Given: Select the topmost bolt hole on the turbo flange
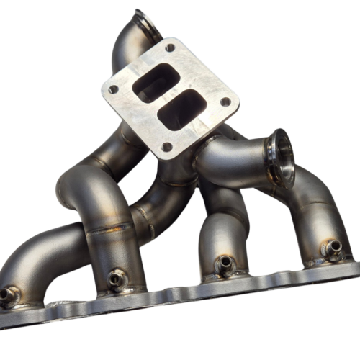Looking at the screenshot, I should click(170, 49).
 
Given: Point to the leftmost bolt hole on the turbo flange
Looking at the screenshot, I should click(113, 90).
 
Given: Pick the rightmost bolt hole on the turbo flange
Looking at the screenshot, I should click(225, 102).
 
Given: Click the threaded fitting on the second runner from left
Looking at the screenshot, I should click(115, 278).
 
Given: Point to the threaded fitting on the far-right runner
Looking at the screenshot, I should click(333, 247).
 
